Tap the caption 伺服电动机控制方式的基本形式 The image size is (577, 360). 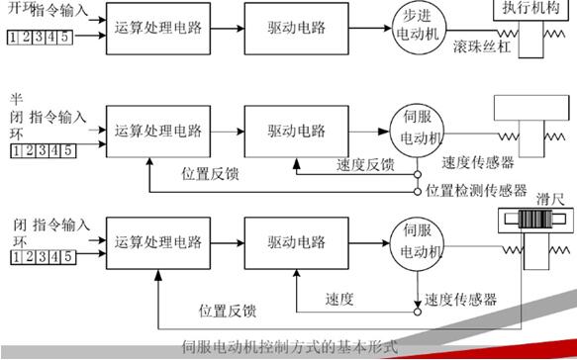(x=289, y=347)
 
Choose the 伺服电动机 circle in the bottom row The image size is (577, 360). (x=418, y=239)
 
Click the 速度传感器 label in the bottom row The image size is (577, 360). (x=460, y=299)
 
